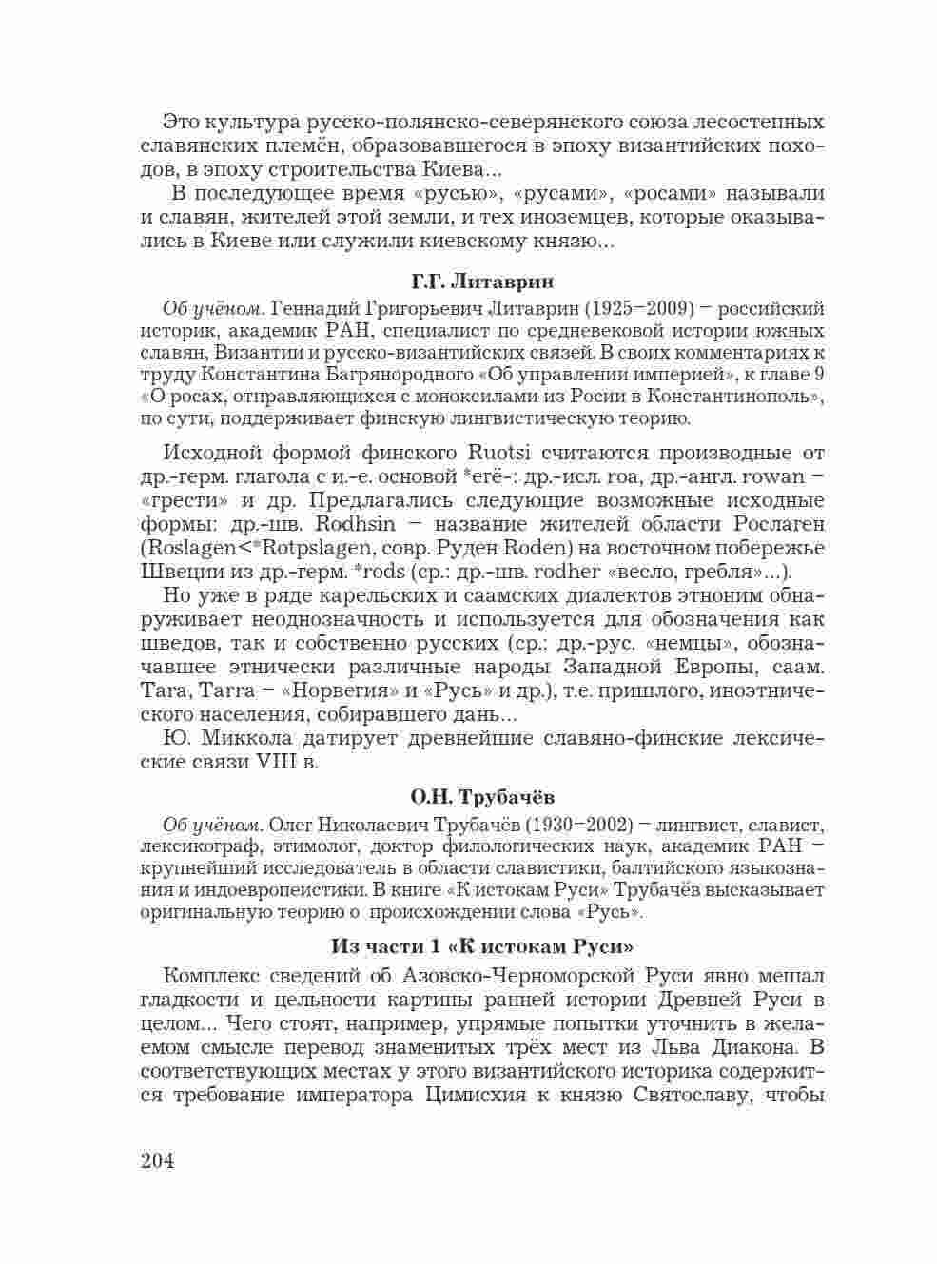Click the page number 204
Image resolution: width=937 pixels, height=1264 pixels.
pyautogui.click(x=157, y=1161)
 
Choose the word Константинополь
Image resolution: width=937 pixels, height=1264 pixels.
pyautogui.click(x=738, y=395)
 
